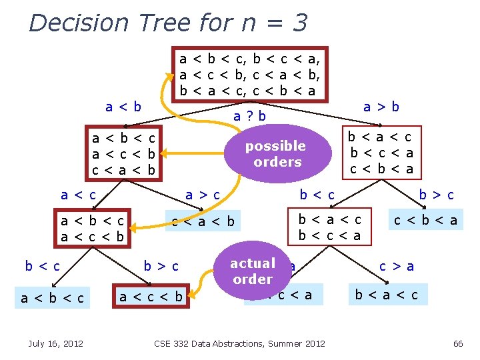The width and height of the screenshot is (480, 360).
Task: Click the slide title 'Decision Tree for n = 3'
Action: coord(168,23)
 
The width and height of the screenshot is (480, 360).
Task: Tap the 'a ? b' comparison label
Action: coord(249,116)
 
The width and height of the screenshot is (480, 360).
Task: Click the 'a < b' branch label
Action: coord(123,106)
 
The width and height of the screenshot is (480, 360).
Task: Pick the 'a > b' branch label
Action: coord(381,106)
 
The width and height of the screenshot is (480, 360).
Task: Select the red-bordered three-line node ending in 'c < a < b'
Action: coord(124,154)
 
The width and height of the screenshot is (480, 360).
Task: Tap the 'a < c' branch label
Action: coord(78,195)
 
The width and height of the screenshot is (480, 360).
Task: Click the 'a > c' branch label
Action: coord(203,195)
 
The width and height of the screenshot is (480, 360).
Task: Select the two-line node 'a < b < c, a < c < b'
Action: coord(92,228)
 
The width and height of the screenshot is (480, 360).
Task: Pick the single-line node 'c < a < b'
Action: coord(203,221)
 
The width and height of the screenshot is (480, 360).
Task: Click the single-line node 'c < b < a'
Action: coord(425,220)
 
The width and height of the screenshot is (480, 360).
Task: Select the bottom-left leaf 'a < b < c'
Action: coord(53,297)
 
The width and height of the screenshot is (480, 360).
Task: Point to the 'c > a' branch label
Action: coord(397,266)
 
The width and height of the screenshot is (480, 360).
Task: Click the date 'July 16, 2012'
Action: coord(56,343)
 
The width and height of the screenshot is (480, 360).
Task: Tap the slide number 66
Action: coord(457,343)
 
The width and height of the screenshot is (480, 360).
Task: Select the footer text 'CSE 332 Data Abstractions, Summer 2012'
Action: coord(239,343)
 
